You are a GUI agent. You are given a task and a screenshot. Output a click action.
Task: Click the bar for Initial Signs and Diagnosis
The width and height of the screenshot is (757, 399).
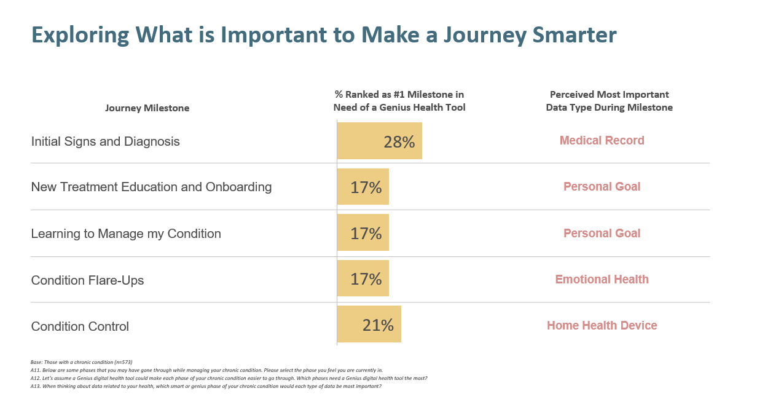pyautogui.click(x=379, y=141)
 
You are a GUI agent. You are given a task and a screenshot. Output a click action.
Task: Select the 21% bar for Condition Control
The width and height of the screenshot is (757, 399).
pyautogui.click(x=369, y=324)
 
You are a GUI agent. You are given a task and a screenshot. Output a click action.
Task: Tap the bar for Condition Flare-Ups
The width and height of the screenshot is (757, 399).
pyautogui.click(x=363, y=279)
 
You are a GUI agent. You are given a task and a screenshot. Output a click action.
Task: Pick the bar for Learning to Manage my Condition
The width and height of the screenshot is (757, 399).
pyautogui.click(x=363, y=232)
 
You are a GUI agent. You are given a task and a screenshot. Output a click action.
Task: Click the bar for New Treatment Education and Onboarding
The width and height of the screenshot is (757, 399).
pyautogui.click(x=363, y=187)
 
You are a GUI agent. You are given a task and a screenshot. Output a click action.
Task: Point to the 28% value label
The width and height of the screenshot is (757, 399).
pyautogui.click(x=399, y=142)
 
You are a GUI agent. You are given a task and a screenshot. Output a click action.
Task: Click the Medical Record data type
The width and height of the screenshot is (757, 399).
pyautogui.click(x=602, y=141)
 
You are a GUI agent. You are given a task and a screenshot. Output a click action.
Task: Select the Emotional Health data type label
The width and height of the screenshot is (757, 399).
pyautogui.click(x=602, y=280)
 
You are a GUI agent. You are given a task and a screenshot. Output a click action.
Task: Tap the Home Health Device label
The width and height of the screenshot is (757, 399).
pyautogui.click(x=602, y=326)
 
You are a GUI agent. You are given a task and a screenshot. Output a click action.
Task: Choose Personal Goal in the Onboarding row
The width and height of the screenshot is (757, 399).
pyautogui.click(x=602, y=187)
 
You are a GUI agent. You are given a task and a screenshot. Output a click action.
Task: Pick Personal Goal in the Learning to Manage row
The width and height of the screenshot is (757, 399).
pyautogui.click(x=602, y=234)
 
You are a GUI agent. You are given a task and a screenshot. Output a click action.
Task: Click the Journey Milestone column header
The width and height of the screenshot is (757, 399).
pyautogui.click(x=147, y=108)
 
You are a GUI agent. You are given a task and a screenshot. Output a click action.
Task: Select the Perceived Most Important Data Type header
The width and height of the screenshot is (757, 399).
pyautogui.click(x=609, y=101)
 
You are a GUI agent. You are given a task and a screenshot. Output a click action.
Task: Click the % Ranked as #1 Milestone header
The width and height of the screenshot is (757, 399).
pyautogui.click(x=399, y=101)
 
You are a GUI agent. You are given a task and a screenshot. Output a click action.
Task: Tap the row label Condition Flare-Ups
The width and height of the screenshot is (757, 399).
pyautogui.click(x=87, y=280)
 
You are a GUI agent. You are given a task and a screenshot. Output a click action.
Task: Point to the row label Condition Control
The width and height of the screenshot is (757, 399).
pyautogui.click(x=80, y=326)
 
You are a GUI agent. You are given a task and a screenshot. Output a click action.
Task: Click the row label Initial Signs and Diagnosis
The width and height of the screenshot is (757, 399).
pyautogui.click(x=105, y=141)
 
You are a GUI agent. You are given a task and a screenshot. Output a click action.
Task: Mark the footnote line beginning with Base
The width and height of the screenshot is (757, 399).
pyautogui.click(x=81, y=362)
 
